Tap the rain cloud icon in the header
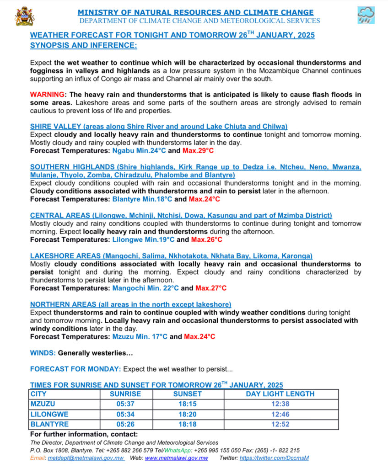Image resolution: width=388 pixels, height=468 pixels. tap(366, 16)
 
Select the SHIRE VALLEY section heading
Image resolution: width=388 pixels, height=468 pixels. tap(159, 126)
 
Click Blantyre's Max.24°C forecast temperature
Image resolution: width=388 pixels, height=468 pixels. tap(205, 199)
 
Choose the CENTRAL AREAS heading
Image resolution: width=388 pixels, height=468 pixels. tap(181, 215)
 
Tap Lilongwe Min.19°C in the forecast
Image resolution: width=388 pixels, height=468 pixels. tap(143, 239)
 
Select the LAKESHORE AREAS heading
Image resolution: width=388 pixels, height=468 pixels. tap(171, 256)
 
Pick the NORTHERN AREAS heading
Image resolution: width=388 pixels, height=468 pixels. tap(130, 304)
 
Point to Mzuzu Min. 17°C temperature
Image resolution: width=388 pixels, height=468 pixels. tap(140, 336)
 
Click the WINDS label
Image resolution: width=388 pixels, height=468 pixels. tap(43, 353)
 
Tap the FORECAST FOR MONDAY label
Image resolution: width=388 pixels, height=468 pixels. tap(75, 369)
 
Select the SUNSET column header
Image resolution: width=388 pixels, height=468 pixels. tap(187, 394)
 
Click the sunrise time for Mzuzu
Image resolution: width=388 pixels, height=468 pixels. tap(125, 404)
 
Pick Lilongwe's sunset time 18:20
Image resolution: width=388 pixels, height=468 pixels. tap(187, 414)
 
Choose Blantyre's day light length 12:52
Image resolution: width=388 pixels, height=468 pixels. tap(280, 424)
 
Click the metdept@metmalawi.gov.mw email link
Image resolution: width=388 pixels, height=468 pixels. tap(86, 458)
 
